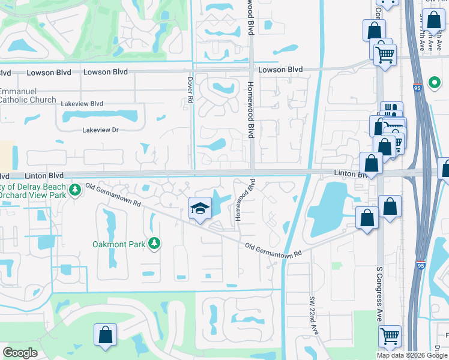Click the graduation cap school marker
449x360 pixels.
(200, 209)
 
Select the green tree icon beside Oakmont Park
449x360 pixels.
(155, 243)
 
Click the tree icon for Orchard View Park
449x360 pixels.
(74, 190)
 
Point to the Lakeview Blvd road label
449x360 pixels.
(82, 104)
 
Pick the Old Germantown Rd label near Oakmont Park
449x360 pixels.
(113, 196)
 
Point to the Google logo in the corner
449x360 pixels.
(20, 353)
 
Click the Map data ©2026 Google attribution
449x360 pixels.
(412, 355)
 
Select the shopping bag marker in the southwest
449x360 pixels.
(105, 335)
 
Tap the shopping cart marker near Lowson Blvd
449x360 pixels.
(385, 55)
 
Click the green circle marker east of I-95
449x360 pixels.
(433, 82)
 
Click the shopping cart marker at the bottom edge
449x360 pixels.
(390, 337)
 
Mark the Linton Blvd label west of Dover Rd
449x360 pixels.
(44, 176)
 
